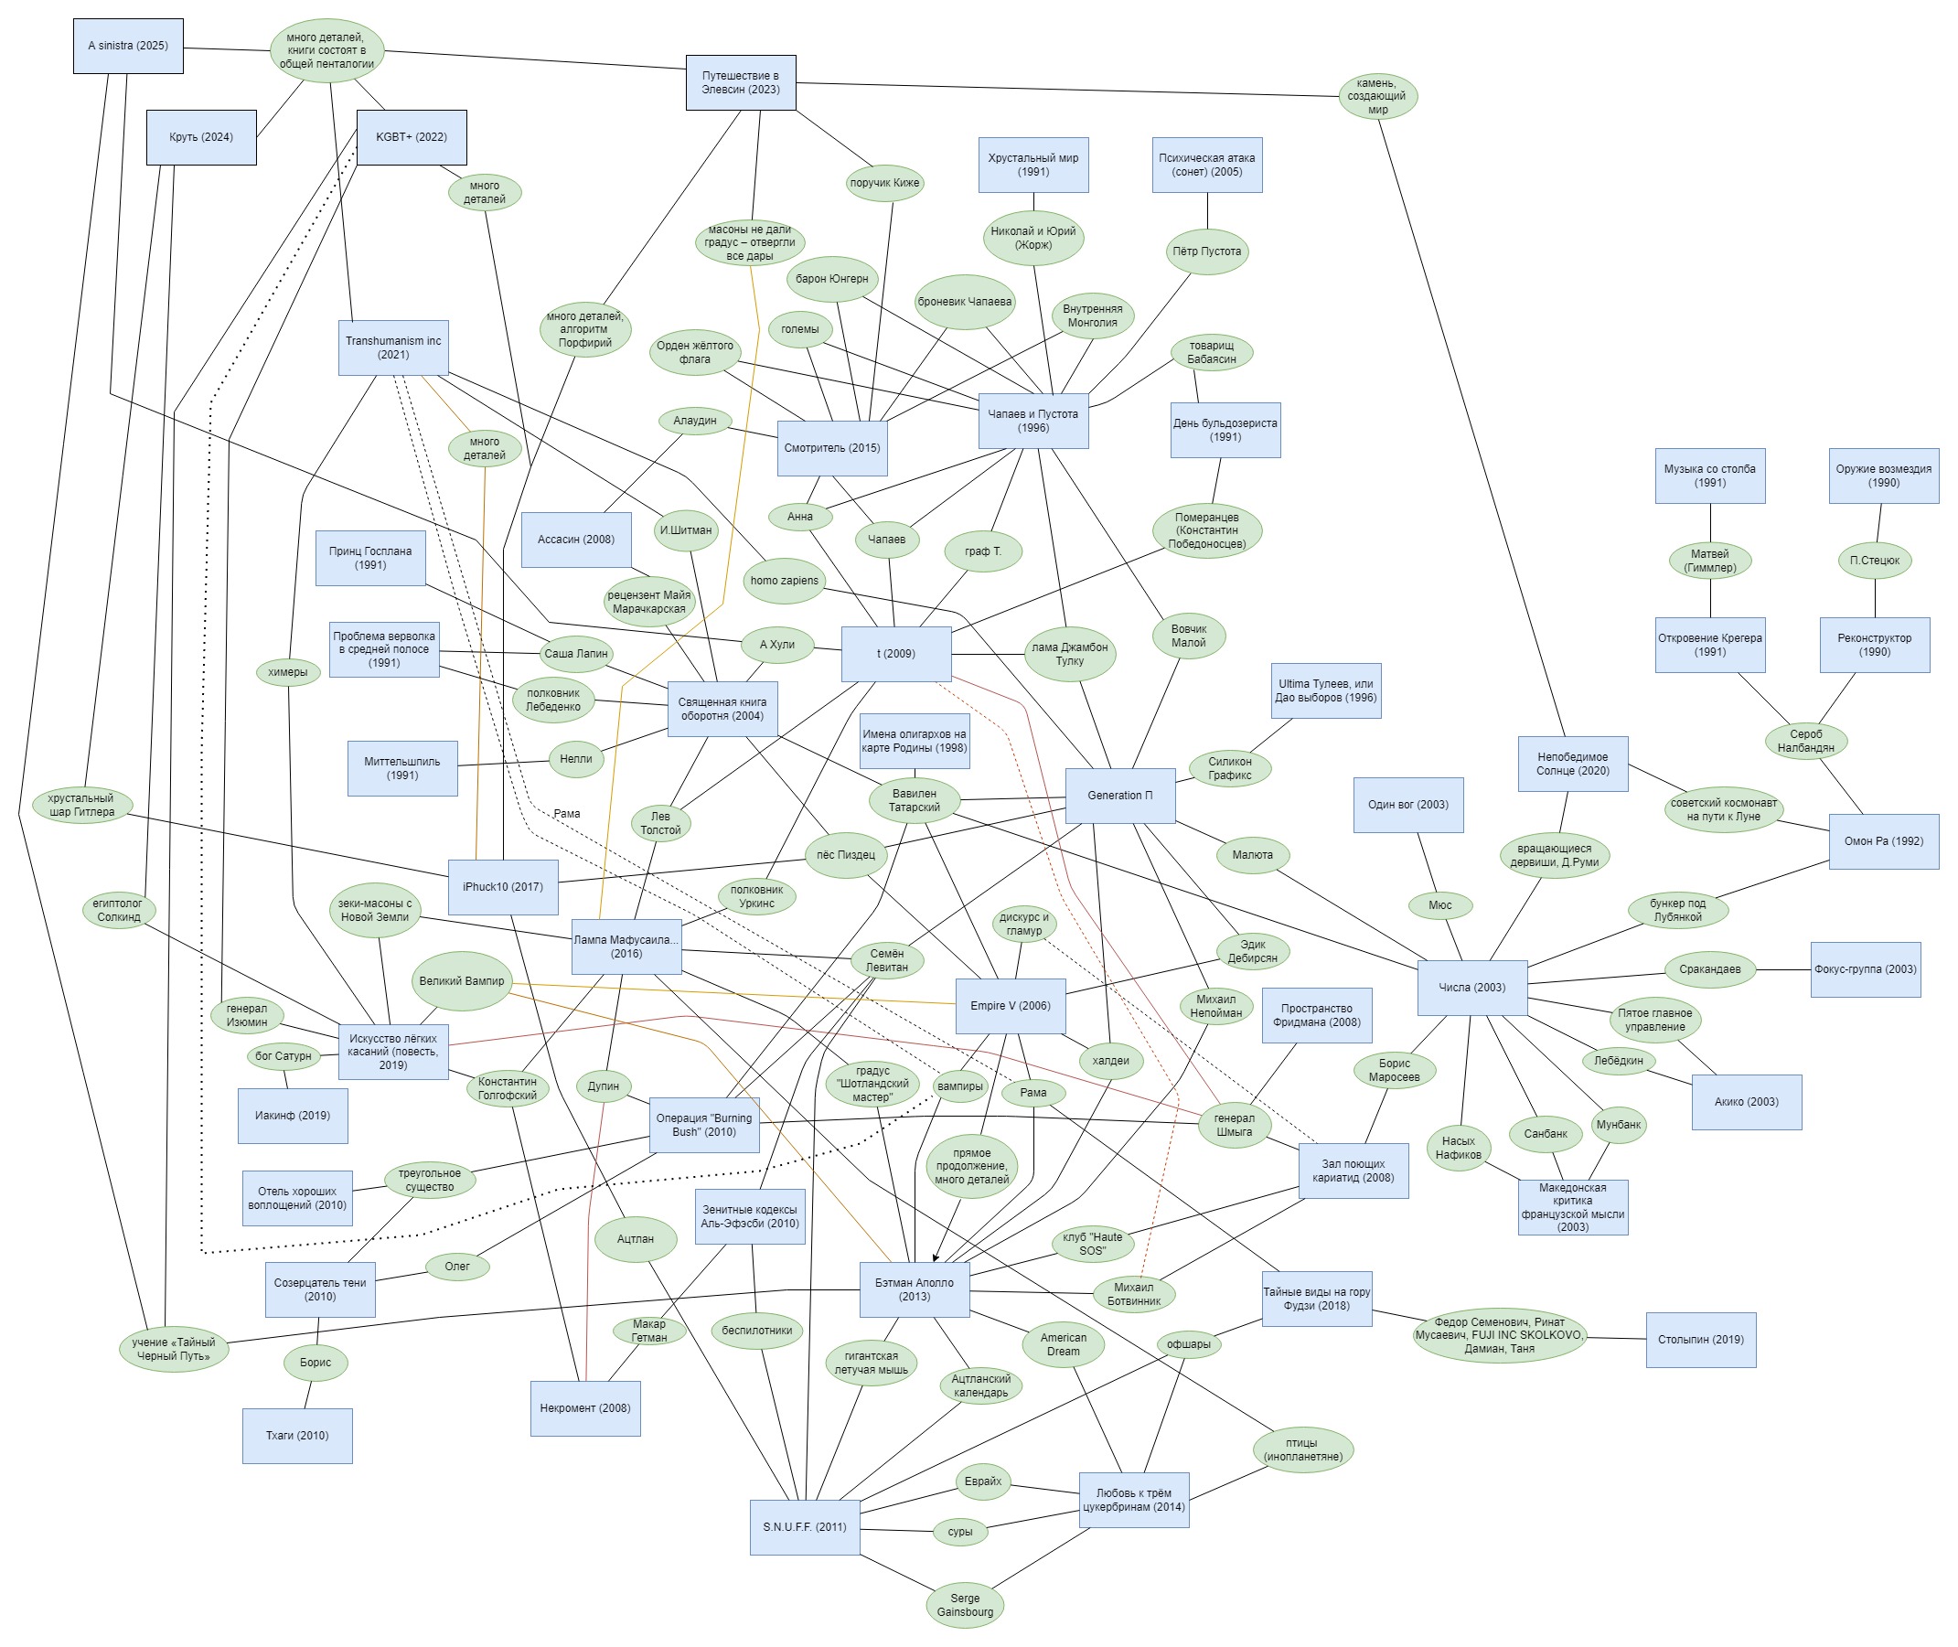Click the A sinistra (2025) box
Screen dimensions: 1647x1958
coord(128,46)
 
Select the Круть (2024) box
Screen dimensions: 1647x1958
coord(201,137)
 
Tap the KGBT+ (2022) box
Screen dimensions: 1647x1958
coord(411,137)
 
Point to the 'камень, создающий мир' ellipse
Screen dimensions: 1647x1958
coord(1377,96)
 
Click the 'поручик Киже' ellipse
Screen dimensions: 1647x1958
coord(884,183)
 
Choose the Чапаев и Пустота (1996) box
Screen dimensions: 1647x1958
coord(1032,421)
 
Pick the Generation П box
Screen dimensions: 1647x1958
coord(1119,796)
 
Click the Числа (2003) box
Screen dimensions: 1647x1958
coord(1471,987)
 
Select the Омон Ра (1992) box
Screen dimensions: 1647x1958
coord(1882,841)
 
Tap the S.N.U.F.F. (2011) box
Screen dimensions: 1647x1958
coord(804,1526)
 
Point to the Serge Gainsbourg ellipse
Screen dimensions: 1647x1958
coord(965,1605)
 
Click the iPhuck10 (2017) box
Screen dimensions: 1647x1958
coord(502,886)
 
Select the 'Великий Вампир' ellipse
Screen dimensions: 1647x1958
coord(461,981)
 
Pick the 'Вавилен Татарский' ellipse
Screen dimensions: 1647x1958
coord(915,801)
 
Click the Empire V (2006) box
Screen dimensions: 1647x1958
coord(1010,1006)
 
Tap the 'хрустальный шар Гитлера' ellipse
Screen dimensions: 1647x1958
coord(81,805)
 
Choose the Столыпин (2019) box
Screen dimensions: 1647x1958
coord(1700,1340)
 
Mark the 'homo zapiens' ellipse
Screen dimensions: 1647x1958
coord(785,581)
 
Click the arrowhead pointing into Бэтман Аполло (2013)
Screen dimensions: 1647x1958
coord(936,1257)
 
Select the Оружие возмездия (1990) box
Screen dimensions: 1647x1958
coord(1882,476)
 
